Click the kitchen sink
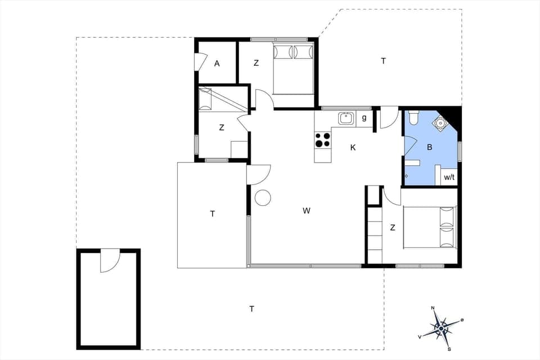(x=345, y=118)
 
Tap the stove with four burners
(x=323, y=139)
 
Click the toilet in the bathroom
(x=414, y=118)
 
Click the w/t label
(x=449, y=178)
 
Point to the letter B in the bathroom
(x=430, y=147)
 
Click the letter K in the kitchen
(x=353, y=147)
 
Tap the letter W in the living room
(x=307, y=211)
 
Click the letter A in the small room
(x=217, y=64)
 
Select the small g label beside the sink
(x=364, y=118)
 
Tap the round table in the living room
(x=263, y=197)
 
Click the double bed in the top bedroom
(x=293, y=70)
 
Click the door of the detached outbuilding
(x=110, y=262)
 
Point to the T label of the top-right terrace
(x=384, y=61)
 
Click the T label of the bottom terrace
(x=251, y=308)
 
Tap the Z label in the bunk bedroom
(x=222, y=128)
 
